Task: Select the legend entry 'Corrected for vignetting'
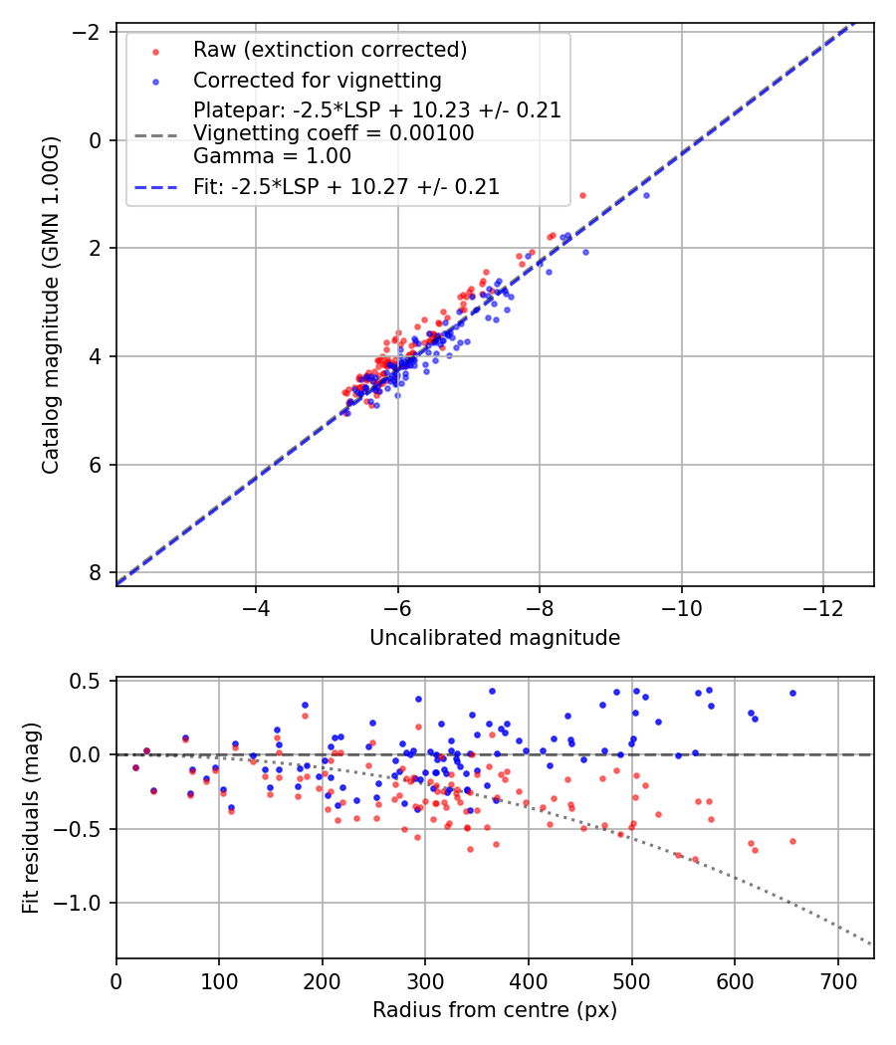pos(317,80)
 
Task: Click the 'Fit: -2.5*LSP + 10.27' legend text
pos(345,186)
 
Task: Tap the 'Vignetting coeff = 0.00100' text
pos(333,132)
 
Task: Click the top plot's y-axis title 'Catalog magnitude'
pos(51,306)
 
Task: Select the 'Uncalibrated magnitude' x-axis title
pos(495,638)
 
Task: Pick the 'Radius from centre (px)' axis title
pos(495,1010)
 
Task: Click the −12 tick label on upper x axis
pos(823,607)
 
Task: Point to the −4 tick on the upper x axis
pos(257,607)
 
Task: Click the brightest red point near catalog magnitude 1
pos(582,195)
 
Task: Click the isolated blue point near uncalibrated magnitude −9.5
pos(646,195)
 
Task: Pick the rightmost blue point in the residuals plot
pos(792,693)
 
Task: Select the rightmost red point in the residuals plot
pos(792,841)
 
